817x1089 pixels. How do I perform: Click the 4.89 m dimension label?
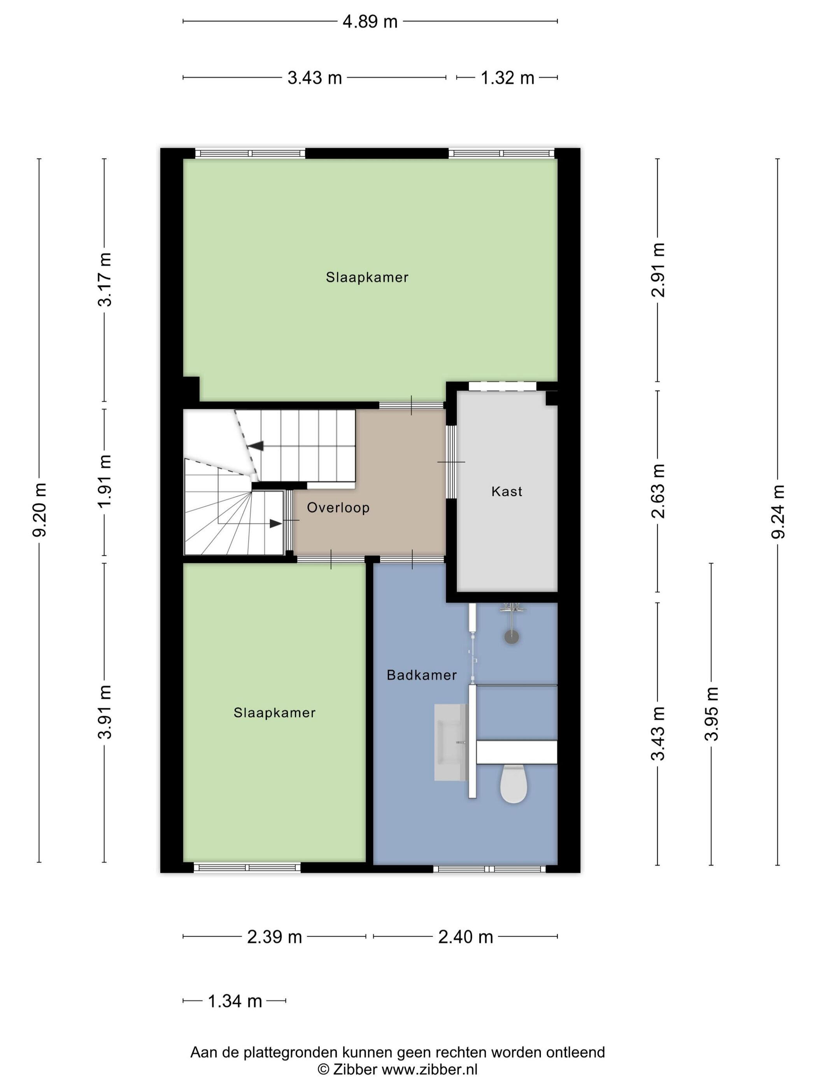coord(370,22)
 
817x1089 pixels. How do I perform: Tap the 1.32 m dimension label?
coord(507,78)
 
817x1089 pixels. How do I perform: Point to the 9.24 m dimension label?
coord(778,511)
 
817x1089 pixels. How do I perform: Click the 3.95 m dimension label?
coord(712,713)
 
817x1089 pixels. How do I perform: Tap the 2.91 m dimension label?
coord(658,270)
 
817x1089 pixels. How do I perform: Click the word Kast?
coord(506,491)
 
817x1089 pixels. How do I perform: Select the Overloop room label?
coord(338,508)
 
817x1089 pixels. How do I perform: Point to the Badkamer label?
coord(422,675)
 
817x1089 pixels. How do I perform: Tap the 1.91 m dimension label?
coord(105,481)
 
